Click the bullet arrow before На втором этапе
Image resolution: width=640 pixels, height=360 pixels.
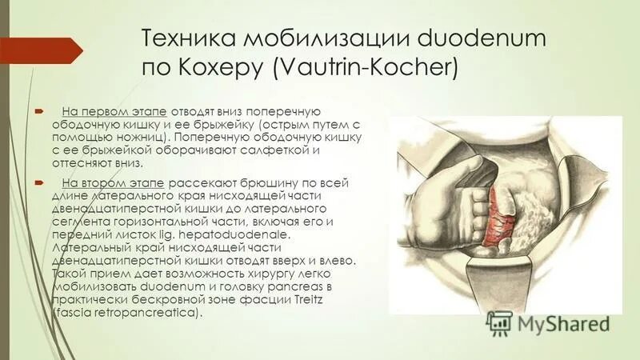[x=39, y=183]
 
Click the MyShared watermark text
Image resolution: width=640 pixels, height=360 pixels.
[x=563, y=324]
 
